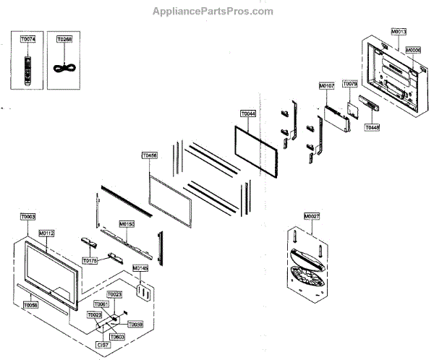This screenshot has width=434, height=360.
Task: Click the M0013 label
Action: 398,32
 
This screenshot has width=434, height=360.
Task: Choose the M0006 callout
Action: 413,50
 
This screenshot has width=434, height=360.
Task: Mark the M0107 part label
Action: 327,86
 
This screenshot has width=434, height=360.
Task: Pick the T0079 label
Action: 350,85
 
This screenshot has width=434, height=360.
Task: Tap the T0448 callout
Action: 372,127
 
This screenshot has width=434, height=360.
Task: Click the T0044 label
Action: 248,113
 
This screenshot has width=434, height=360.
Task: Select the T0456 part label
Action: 150,155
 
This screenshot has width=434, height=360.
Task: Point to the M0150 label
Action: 127,225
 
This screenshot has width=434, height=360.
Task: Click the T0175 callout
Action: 90,260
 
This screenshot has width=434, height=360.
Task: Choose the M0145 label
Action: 140,268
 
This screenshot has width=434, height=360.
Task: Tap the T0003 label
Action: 27,216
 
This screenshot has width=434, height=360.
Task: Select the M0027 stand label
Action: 312,216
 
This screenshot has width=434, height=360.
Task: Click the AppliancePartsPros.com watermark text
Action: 213,12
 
